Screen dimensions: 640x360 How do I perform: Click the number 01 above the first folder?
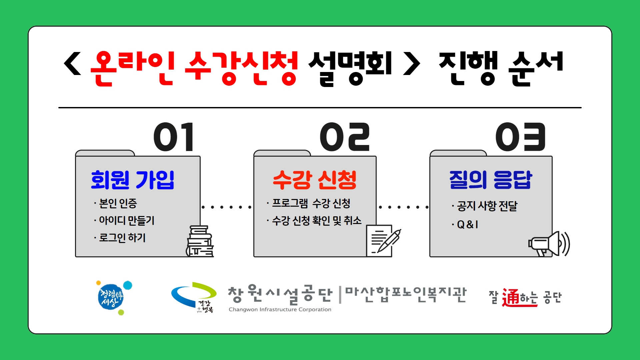click(174, 137)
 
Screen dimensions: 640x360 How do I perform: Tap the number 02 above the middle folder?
click(345, 137)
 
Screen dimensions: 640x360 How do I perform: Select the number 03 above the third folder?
click(520, 137)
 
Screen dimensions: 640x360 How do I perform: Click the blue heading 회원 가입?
click(133, 180)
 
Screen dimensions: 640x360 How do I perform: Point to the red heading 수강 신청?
click(315, 180)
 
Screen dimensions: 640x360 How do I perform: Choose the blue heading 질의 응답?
click(491, 180)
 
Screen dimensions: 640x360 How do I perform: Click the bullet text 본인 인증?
click(118, 203)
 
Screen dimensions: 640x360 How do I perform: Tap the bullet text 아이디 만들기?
click(127, 220)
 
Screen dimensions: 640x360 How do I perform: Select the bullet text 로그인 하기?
click(122, 238)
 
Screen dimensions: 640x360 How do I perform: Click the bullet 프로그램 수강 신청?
click(311, 203)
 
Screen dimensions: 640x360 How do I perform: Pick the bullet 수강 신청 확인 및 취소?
click(317, 220)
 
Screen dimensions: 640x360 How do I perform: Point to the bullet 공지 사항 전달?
click(487, 206)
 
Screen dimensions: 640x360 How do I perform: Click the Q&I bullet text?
click(468, 225)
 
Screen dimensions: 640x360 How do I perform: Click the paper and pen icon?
click(383, 241)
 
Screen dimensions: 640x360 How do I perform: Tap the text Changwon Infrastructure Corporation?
click(280, 310)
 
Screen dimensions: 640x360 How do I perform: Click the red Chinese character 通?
click(511, 297)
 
